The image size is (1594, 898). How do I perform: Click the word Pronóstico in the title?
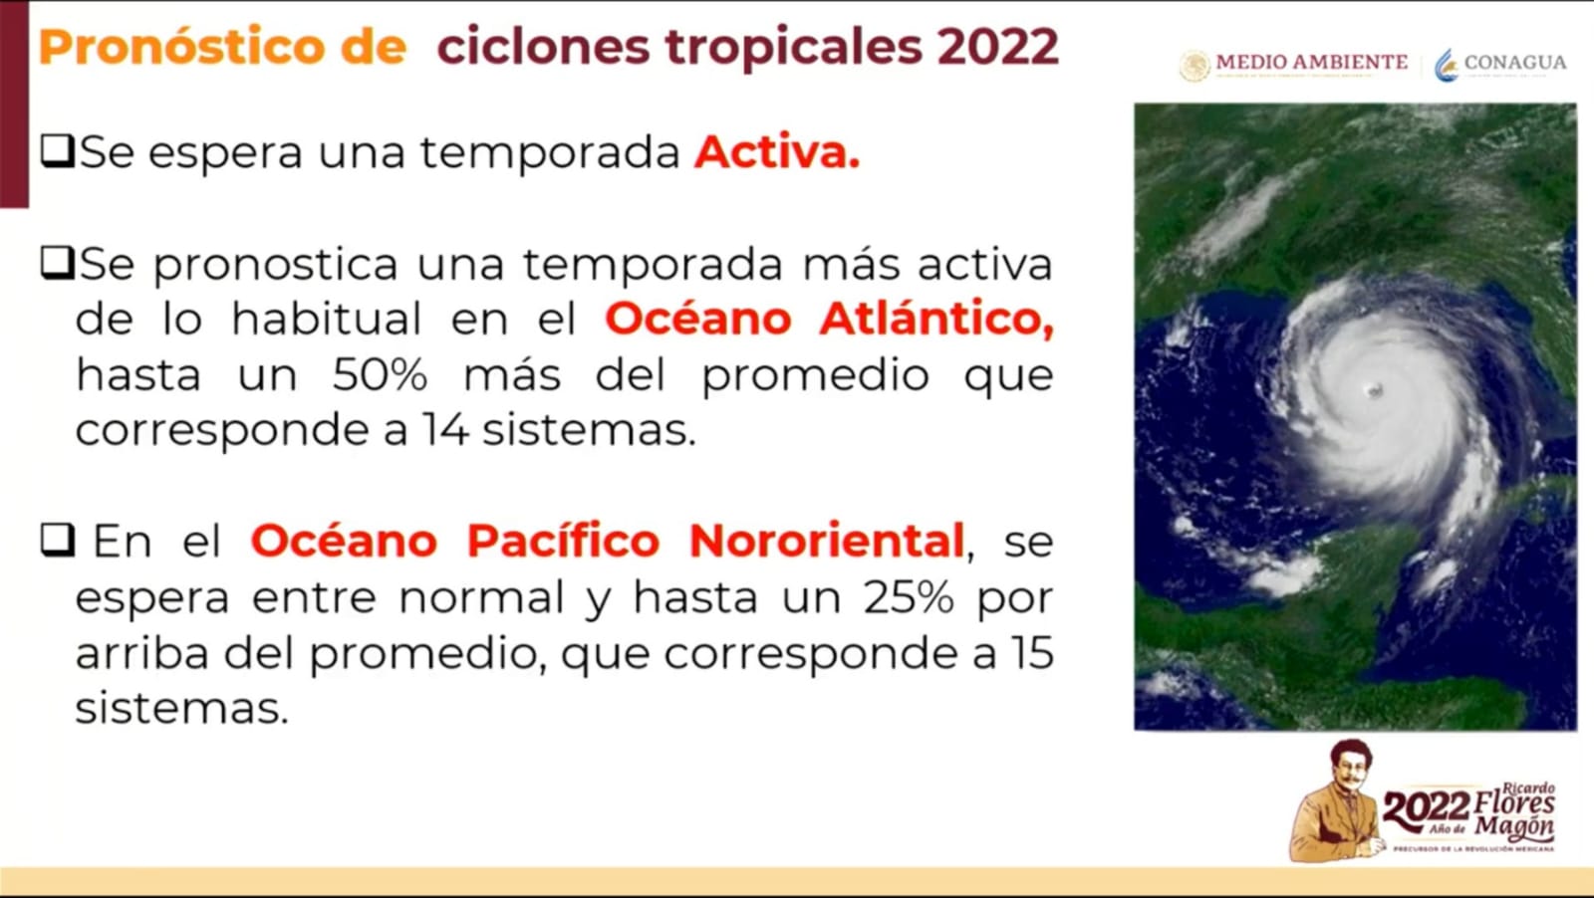[x=181, y=48]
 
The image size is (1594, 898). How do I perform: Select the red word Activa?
[x=776, y=152]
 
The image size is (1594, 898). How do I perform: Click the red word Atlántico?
[x=936, y=319]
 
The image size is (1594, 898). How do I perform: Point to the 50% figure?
[x=380, y=375]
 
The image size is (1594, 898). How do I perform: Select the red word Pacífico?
[x=563, y=541]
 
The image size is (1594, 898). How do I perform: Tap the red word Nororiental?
[x=827, y=541]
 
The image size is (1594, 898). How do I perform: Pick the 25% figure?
[x=908, y=597]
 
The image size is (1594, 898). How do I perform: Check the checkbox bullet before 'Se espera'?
[x=57, y=151]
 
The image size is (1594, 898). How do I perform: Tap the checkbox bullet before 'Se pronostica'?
[x=57, y=264]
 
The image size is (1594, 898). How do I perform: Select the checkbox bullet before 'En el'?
[x=57, y=541]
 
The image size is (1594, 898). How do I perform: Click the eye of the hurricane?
[x=1375, y=389]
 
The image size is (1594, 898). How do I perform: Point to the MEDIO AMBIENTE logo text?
[x=1311, y=62]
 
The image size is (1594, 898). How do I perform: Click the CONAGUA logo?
[x=1500, y=64]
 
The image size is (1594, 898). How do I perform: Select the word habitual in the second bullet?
[x=326, y=319]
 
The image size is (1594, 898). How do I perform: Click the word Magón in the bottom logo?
[x=1514, y=826]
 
